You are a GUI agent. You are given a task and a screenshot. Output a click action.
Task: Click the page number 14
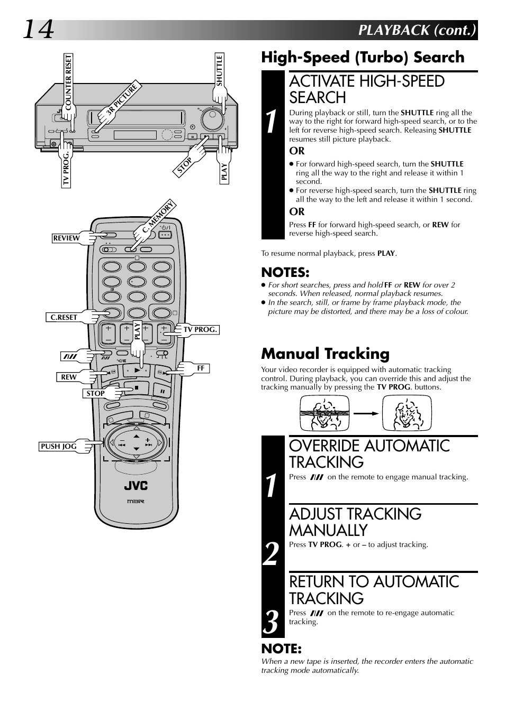pos(38,30)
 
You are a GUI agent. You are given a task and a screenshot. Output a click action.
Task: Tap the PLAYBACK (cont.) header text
pos(417,30)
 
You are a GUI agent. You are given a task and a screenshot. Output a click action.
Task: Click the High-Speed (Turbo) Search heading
pos(363,57)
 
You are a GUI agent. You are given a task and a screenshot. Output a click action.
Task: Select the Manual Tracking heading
pos(325,353)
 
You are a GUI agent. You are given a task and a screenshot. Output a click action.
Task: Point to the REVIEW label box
pos(66,238)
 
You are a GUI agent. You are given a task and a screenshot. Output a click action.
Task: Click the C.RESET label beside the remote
pos(64,317)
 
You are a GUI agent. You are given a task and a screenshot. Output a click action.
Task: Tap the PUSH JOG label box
pos(59,446)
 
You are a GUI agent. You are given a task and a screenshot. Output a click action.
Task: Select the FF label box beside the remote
pos(201,368)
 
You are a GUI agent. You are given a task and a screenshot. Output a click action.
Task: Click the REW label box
pos(68,377)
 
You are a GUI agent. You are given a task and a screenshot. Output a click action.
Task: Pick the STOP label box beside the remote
pos(96,393)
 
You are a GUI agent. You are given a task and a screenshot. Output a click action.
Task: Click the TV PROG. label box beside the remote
pos(200,329)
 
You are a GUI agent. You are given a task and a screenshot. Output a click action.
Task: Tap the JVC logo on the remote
pos(136,486)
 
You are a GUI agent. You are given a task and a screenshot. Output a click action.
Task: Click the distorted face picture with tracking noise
pos(324,412)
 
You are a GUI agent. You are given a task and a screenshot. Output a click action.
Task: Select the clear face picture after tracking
pos(407,412)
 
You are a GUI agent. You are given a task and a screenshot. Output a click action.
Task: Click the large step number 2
pos(272,554)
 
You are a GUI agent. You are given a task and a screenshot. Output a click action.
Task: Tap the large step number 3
pos(272,622)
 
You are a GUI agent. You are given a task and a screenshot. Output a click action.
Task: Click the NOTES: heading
pos(285,272)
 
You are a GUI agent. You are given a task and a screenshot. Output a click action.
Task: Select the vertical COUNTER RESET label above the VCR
pos(68,82)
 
